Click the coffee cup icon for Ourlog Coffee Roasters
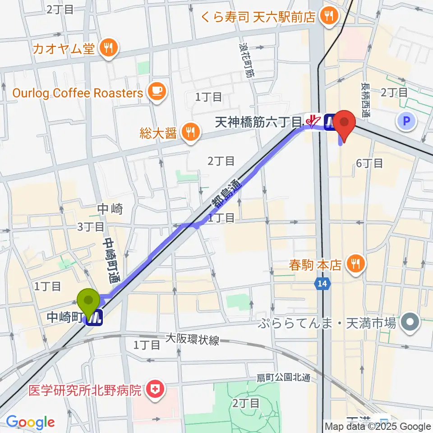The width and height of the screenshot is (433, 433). click(x=157, y=92)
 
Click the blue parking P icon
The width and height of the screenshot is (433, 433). click(x=406, y=120)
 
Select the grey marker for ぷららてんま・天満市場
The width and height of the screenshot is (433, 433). click(x=410, y=322)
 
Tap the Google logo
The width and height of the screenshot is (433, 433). click(x=30, y=422)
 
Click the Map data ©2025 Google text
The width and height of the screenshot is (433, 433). click(x=378, y=426)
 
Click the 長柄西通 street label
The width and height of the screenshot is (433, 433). click(x=364, y=100)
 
